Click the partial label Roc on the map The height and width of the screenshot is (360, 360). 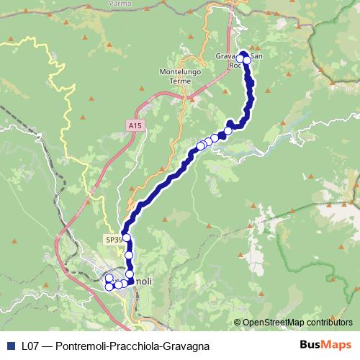click(234, 66)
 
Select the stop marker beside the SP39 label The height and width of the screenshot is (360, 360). click(127, 238)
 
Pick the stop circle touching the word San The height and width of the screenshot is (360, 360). click(247, 60)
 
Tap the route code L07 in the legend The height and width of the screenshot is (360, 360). click(30, 346)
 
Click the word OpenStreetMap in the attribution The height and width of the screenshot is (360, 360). click(274, 322)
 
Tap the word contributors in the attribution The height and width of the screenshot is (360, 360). click(329, 322)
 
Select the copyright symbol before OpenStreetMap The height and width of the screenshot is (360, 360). click(238, 322)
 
